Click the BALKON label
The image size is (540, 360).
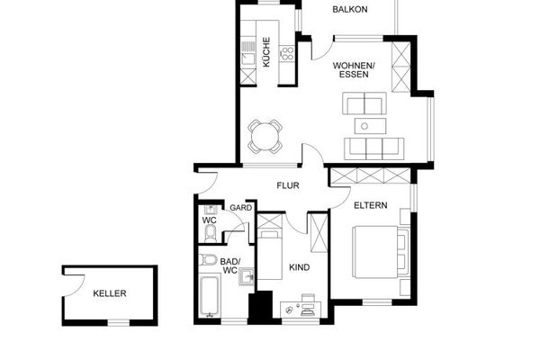[x=350, y=9]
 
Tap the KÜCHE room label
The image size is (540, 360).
[x=266, y=52]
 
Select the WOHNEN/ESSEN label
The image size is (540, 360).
[x=354, y=70]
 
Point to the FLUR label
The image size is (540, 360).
[x=288, y=185]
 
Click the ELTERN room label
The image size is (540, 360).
[x=371, y=205]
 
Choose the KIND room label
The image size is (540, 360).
[x=300, y=267]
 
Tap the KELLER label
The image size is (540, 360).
[x=110, y=293]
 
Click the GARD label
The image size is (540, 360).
[x=240, y=208]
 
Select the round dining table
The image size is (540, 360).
[x=265, y=137]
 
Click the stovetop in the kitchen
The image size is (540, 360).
[x=287, y=54]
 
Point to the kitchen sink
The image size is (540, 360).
[x=248, y=58]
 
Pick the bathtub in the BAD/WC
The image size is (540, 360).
[x=209, y=296]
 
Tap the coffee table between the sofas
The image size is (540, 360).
[x=371, y=126]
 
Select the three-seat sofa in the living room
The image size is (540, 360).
[x=374, y=148]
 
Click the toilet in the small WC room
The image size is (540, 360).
[x=210, y=234]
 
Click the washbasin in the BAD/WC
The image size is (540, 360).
[x=247, y=276]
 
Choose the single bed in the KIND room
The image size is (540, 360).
[x=270, y=255]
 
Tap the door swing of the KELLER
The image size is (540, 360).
[x=74, y=285]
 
